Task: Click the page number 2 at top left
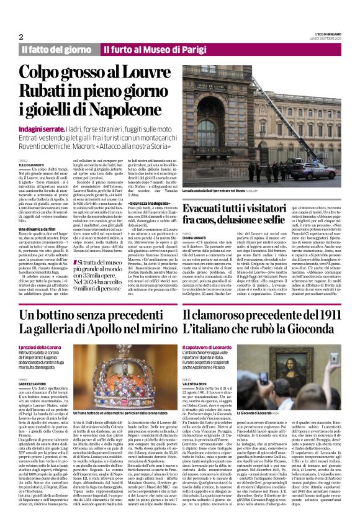[x=21, y=36]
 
